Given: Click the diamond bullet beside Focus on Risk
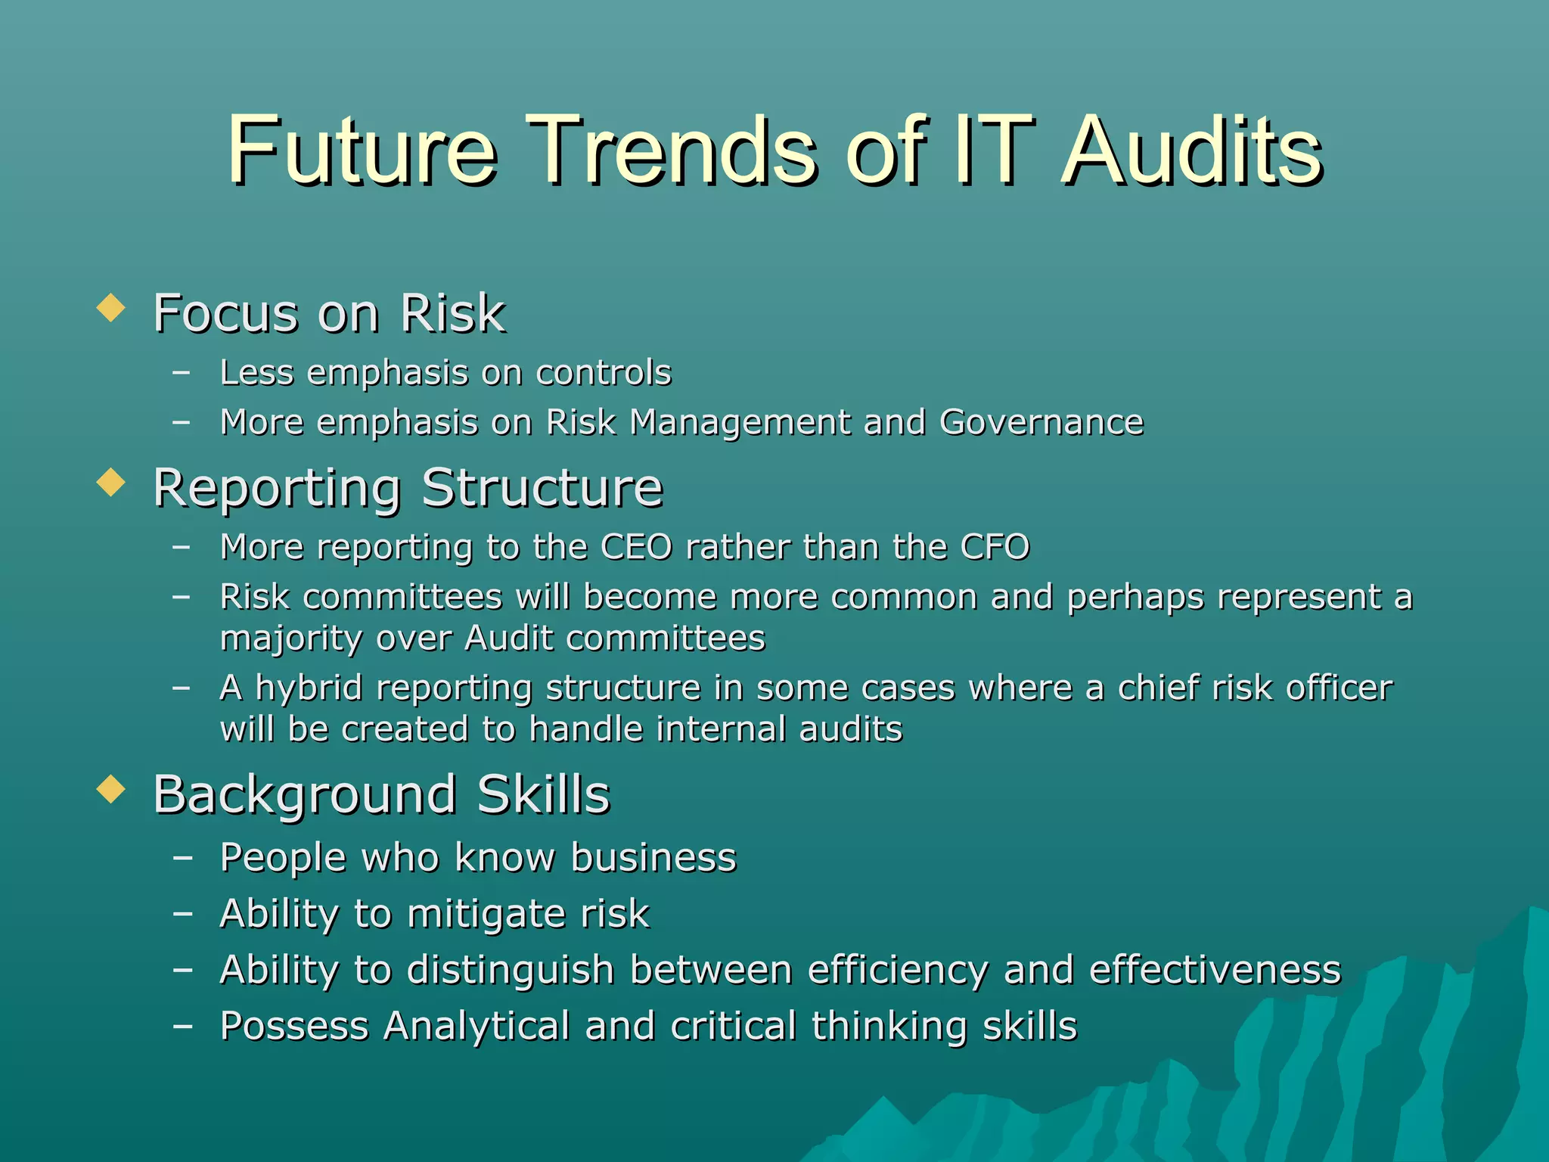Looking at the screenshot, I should click(x=111, y=308).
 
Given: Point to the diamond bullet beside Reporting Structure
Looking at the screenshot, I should click(x=111, y=482).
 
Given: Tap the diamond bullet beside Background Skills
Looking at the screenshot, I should click(x=111, y=789).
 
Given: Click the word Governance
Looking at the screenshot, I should click(x=1041, y=422).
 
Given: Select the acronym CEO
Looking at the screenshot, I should click(x=635, y=547).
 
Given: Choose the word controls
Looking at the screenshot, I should click(x=603, y=373).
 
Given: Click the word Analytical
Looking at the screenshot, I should click(x=477, y=1027).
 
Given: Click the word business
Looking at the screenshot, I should click(x=653, y=858).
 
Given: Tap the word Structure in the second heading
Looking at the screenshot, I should click(x=542, y=488).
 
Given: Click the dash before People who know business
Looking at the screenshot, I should click(x=182, y=858).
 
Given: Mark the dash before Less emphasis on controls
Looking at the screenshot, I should click(x=182, y=372).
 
